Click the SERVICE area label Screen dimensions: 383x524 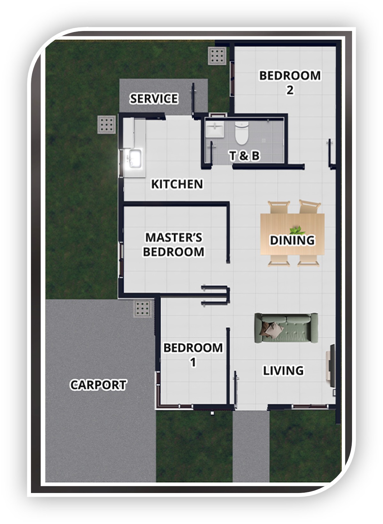[154, 98]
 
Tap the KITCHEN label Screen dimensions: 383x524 [177, 184]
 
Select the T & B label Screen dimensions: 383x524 [244, 156]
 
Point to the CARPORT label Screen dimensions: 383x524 [98, 385]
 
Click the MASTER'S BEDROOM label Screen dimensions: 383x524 [174, 245]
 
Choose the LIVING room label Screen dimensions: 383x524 [283, 371]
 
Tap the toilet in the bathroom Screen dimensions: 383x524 [241, 133]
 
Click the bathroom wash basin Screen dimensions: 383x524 [215, 129]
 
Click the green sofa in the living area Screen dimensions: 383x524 [286, 328]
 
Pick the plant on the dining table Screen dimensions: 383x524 [297, 230]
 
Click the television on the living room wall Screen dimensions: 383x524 [332, 366]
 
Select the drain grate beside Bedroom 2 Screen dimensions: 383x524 [217, 56]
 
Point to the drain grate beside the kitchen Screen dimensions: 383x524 [107, 125]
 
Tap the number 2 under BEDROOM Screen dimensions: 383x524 [290, 90]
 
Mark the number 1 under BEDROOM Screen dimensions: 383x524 [193, 362]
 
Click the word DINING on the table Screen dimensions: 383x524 [292, 240]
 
